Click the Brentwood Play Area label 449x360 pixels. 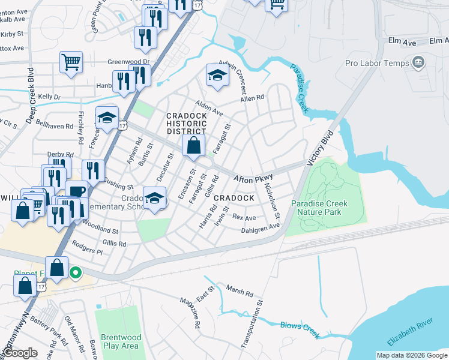click(120, 341)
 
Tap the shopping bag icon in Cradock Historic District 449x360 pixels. click(193, 146)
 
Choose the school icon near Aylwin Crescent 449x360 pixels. click(217, 76)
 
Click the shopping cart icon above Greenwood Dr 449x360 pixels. click(71, 62)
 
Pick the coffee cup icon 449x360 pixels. click(77, 191)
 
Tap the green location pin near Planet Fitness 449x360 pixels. click(75, 274)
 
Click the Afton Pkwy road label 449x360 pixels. click(253, 178)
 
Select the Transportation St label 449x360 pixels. click(252, 325)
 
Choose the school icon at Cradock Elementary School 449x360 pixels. click(154, 198)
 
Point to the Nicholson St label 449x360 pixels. click(272, 201)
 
